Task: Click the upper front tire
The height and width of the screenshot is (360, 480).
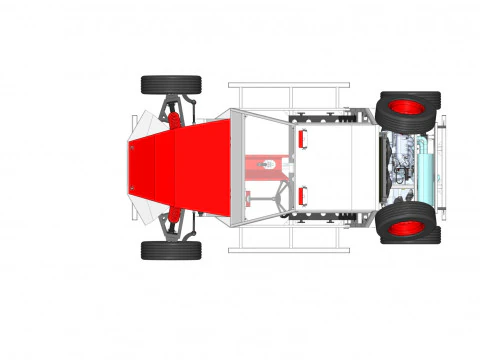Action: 170,84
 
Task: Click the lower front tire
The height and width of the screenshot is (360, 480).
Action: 170,250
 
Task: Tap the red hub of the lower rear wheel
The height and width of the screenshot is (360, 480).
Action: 408,228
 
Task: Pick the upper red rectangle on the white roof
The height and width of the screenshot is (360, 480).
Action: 301,140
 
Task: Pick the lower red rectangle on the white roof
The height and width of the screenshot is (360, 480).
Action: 301,194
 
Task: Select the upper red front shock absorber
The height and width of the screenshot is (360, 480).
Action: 174,120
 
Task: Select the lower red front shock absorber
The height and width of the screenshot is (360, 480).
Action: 174,214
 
